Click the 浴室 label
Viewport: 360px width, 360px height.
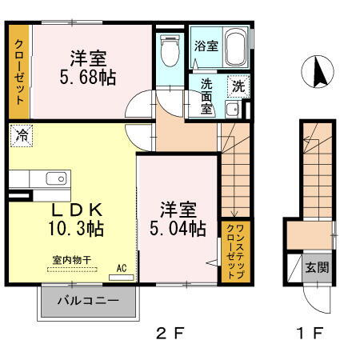point(206,46)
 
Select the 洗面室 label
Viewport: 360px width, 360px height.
point(206,95)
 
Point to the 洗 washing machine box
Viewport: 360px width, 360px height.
point(238,83)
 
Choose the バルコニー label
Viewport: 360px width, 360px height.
point(87,302)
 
